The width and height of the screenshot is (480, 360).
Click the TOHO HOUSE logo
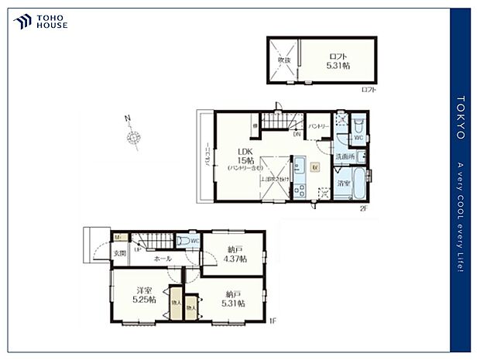click(x=40, y=22)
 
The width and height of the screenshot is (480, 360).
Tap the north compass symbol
click(x=133, y=137)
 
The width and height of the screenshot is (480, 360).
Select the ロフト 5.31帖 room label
click(x=338, y=60)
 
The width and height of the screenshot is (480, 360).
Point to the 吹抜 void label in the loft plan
click(x=284, y=60)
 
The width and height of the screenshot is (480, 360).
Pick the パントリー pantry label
click(x=319, y=125)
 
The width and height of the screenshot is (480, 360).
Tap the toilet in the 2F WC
click(x=358, y=126)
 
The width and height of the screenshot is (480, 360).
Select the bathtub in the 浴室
click(x=358, y=184)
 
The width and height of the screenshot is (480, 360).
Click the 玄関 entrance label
click(x=121, y=253)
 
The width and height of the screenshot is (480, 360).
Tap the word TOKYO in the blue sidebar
click(x=461, y=117)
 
